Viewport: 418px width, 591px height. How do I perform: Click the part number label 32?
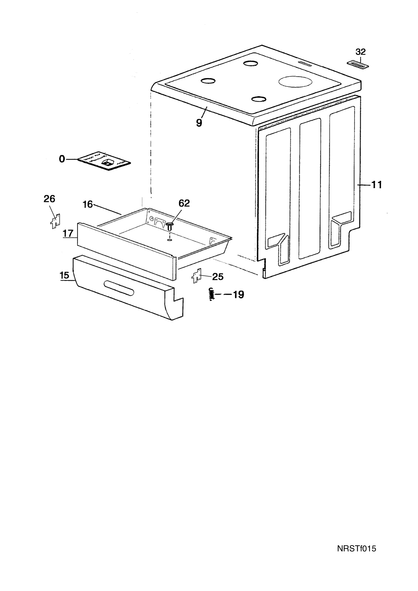361,52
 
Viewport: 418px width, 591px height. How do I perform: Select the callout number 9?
199,123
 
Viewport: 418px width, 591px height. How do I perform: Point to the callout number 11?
377,185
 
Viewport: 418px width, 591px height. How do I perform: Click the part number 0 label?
62,159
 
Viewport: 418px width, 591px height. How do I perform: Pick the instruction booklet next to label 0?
104,161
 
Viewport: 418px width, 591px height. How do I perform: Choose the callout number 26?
49,199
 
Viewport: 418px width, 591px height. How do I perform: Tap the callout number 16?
88,204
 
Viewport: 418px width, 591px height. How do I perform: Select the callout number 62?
184,203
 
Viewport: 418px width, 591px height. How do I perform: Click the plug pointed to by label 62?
169,226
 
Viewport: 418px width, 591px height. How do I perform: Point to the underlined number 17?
68,233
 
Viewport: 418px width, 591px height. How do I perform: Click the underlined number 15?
65,275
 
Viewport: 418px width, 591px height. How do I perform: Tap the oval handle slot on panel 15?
119,288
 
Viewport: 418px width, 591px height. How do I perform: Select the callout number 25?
218,277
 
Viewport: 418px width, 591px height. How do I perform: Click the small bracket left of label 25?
196,276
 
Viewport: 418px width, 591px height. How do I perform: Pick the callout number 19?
238,295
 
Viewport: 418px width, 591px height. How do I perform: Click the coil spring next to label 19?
211,294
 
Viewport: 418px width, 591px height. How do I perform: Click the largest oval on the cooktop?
295,82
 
